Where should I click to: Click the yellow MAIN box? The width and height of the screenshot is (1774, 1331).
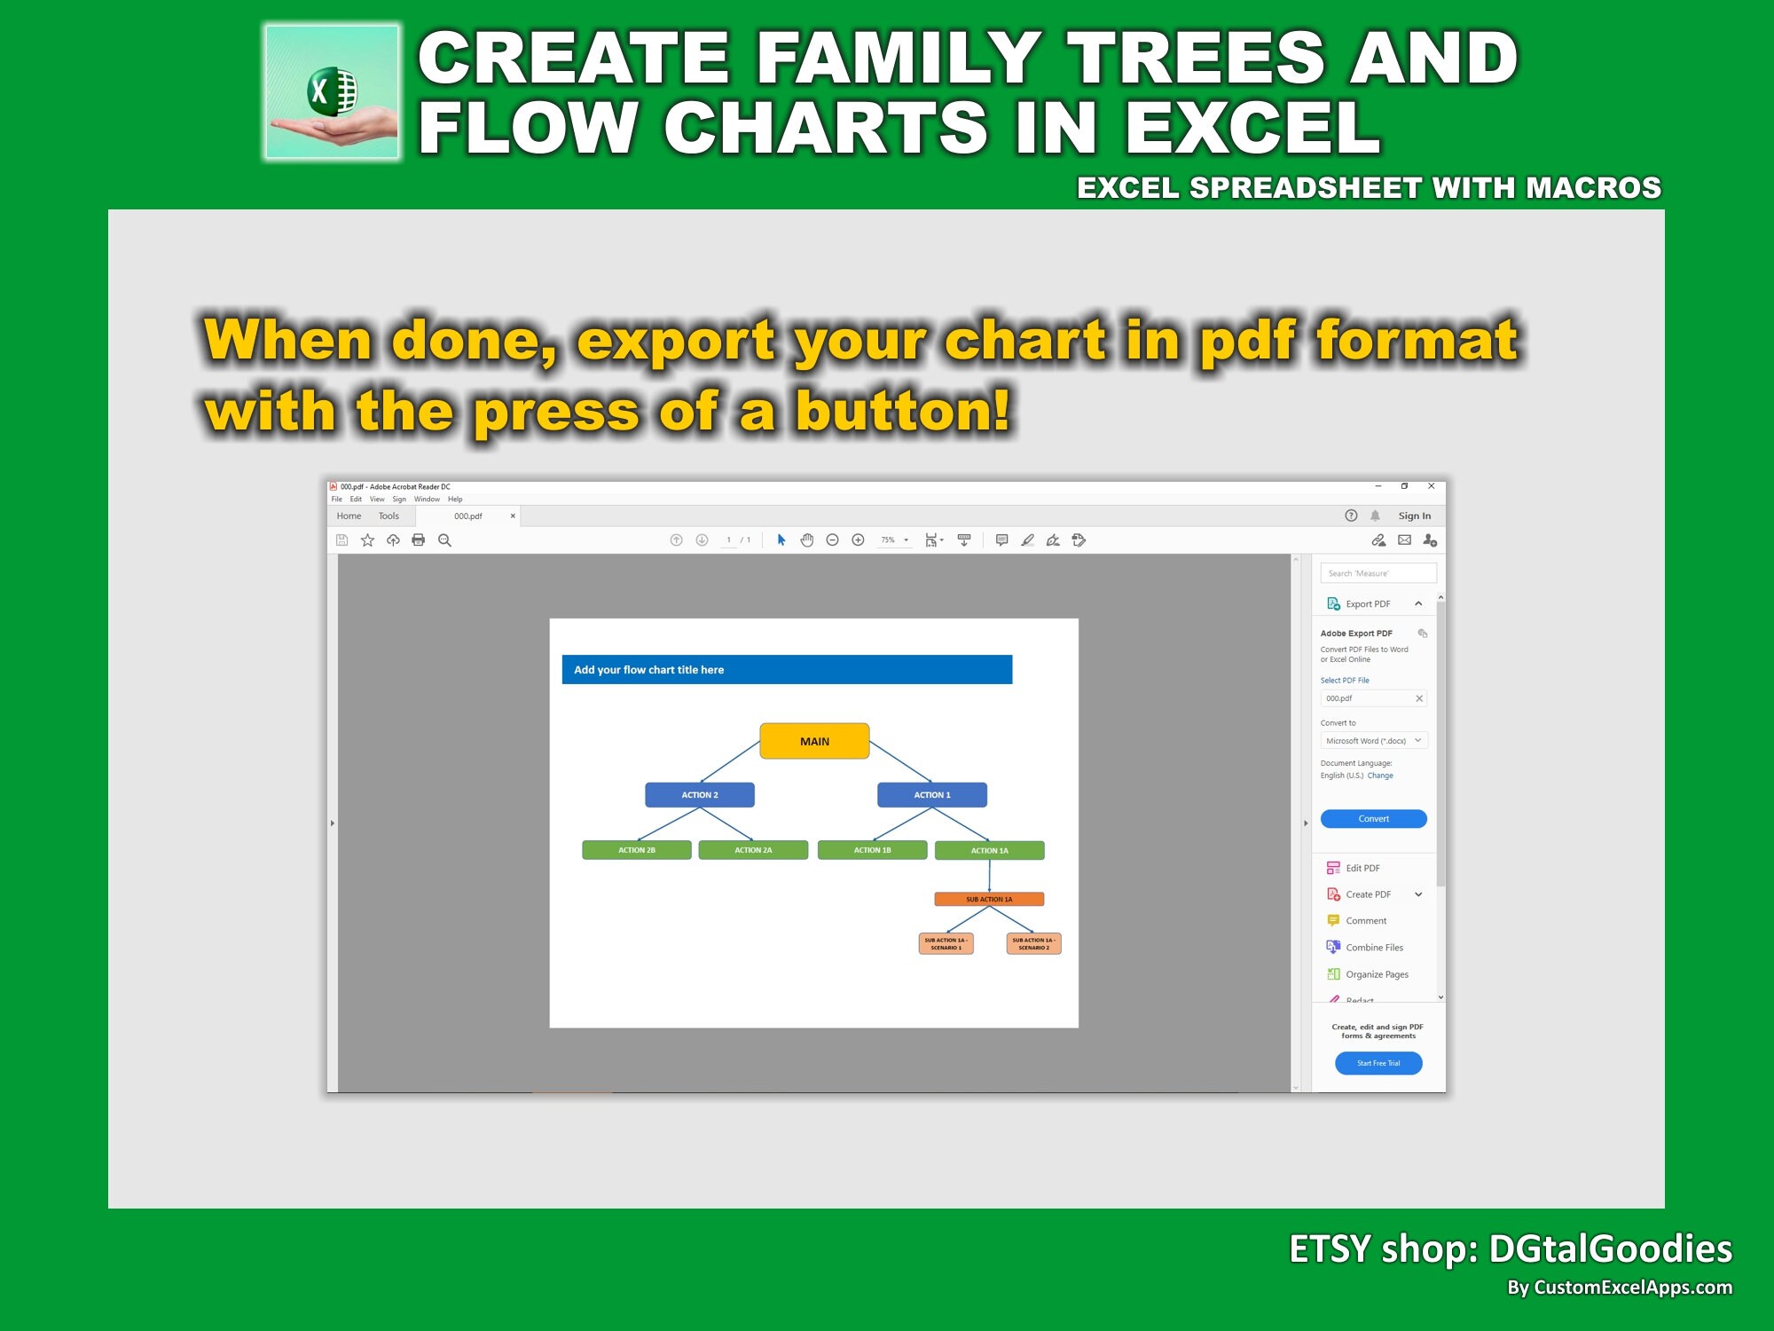[814, 741]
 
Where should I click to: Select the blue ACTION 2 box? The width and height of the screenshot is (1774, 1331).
[700, 795]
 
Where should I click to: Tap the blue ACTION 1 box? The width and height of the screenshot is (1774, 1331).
[931, 795]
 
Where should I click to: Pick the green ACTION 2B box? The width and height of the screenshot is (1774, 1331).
[637, 850]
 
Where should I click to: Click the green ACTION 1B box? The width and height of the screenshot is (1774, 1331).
[872, 850]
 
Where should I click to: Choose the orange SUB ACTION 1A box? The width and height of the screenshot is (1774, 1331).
[989, 899]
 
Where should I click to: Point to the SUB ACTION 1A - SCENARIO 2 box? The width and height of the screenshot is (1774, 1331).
[1033, 943]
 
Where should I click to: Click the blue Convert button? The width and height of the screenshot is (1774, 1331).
[1373, 819]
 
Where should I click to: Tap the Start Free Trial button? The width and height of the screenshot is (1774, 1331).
[1378, 1063]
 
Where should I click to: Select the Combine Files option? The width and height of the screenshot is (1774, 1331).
[1374, 948]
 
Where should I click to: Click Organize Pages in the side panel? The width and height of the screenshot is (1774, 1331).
[1377, 974]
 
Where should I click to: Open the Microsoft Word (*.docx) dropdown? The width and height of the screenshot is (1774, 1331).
[1373, 741]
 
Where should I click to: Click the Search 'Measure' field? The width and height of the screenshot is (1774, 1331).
[1378, 573]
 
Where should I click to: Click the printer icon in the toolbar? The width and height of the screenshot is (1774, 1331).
[419, 540]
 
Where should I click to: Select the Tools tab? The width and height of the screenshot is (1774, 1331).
[389, 516]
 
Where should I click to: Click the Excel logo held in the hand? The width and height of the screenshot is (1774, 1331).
[332, 91]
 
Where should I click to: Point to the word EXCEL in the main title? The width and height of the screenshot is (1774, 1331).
[1252, 127]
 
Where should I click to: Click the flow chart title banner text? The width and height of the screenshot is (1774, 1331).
[648, 670]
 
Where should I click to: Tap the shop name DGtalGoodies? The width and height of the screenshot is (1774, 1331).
[1610, 1248]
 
